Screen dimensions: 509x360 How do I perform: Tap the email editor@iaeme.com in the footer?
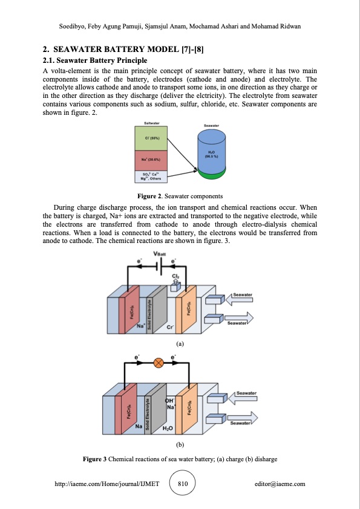coord(280,484)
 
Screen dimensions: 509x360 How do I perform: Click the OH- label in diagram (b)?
coord(170,400)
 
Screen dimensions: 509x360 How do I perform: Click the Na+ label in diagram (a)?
coord(140,325)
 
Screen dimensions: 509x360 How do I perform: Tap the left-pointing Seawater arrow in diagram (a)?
coord(240,296)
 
